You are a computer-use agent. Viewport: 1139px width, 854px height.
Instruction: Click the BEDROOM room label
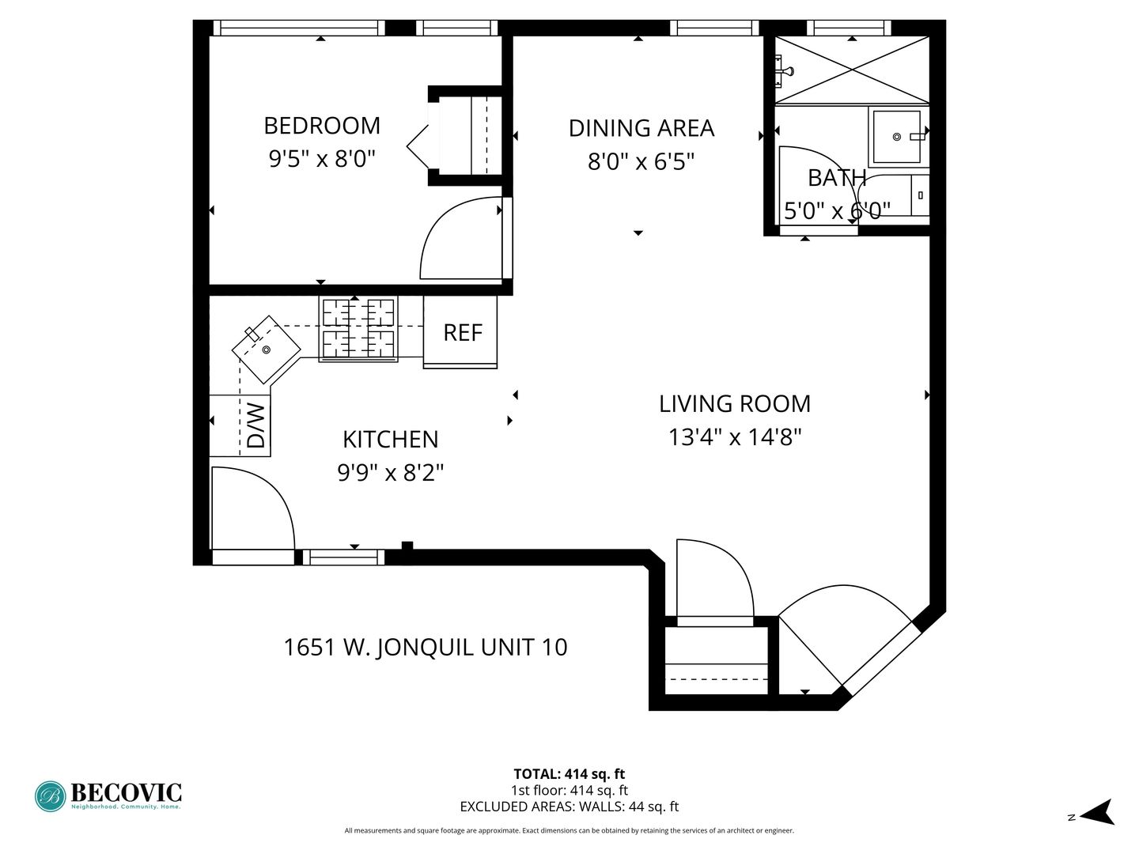(x=322, y=126)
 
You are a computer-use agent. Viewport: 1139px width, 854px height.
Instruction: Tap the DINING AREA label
(x=641, y=129)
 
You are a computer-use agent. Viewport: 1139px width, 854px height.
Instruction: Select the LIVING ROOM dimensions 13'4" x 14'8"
(x=735, y=437)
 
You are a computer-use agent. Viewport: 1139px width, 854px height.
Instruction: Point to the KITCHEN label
(x=390, y=440)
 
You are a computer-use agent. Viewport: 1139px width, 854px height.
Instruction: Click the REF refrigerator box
(x=460, y=332)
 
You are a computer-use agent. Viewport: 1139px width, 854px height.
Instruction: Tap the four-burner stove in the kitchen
(x=358, y=329)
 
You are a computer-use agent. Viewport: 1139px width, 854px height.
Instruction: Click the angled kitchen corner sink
(x=267, y=350)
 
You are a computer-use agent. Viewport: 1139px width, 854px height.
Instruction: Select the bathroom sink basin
(x=897, y=137)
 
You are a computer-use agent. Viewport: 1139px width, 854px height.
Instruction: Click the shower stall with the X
(x=852, y=70)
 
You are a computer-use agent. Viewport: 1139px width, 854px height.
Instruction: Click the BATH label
(x=837, y=179)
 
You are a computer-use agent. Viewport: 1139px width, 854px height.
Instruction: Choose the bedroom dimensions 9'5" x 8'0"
(x=322, y=158)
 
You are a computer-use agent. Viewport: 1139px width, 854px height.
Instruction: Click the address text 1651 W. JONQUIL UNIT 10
(x=426, y=647)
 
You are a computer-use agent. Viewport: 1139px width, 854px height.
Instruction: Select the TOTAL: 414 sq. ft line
(x=569, y=774)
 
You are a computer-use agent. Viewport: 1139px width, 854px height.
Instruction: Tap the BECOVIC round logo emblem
(x=51, y=796)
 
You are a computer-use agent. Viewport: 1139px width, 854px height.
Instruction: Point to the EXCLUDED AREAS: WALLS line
(x=569, y=807)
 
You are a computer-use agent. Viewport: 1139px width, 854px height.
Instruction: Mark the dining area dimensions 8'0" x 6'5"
(x=641, y=162)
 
